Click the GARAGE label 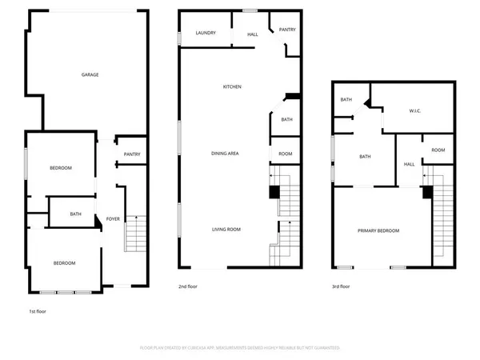[x=90, y=74]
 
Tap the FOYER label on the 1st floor [x=113, y=218]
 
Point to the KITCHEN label [x=232, y=86]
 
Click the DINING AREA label [x=225, y=153]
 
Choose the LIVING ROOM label [x=226, y=229]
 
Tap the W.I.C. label [x=414, y=111]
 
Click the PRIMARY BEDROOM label [x=378, y=230]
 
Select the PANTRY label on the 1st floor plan [x=131, y=154]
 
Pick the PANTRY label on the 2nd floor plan [x=287, y=30]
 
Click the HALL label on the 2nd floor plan [x=253, y=34]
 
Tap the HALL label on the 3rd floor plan [x=409, y=164]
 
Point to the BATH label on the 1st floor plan [x=75, y=214]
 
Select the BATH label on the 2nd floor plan [x=286, y=120]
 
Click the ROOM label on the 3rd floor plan [x=438, y=150]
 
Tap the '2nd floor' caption [x=188, y=286]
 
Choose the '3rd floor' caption [x=342, y=286]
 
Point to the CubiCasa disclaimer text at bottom [x=240, y=348]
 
